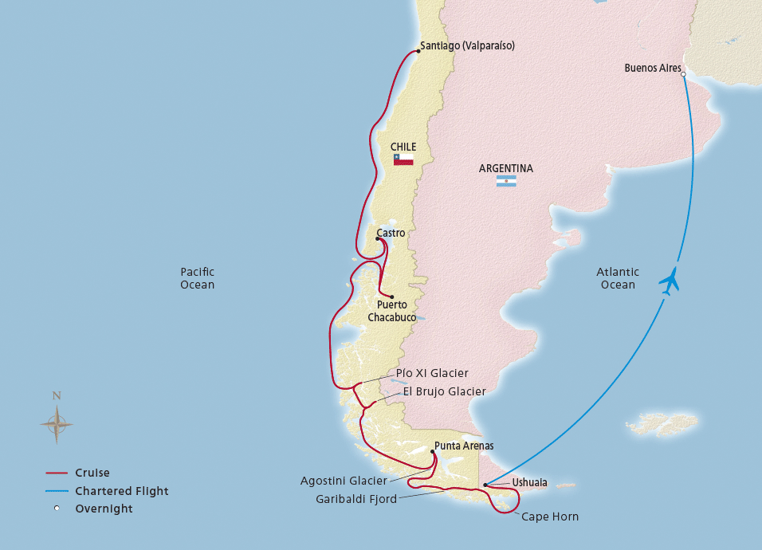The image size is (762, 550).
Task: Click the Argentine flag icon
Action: pyautogui.click(x=506, y=182)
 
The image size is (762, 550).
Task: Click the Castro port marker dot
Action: pyautogui.click(x=377, y=238)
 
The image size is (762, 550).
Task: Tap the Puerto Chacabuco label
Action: pyautogui.click(x=392, y=311)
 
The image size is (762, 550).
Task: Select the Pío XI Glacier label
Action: pyautogui.click(x=432, y=373)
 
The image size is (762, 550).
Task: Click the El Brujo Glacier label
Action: pyautogui.click(x=445, y=391)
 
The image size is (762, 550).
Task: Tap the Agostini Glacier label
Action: pyautogui.click(x=344, y=481)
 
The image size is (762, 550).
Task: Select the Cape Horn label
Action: pyautogui.click(x=550, y=517)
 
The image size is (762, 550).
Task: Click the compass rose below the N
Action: pyautogui.click(x=57, y=425)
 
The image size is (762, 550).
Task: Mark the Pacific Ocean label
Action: pyautogui.click(x=197, y=278)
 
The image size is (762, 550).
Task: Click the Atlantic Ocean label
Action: pyautogui.click(x=618, y=278)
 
